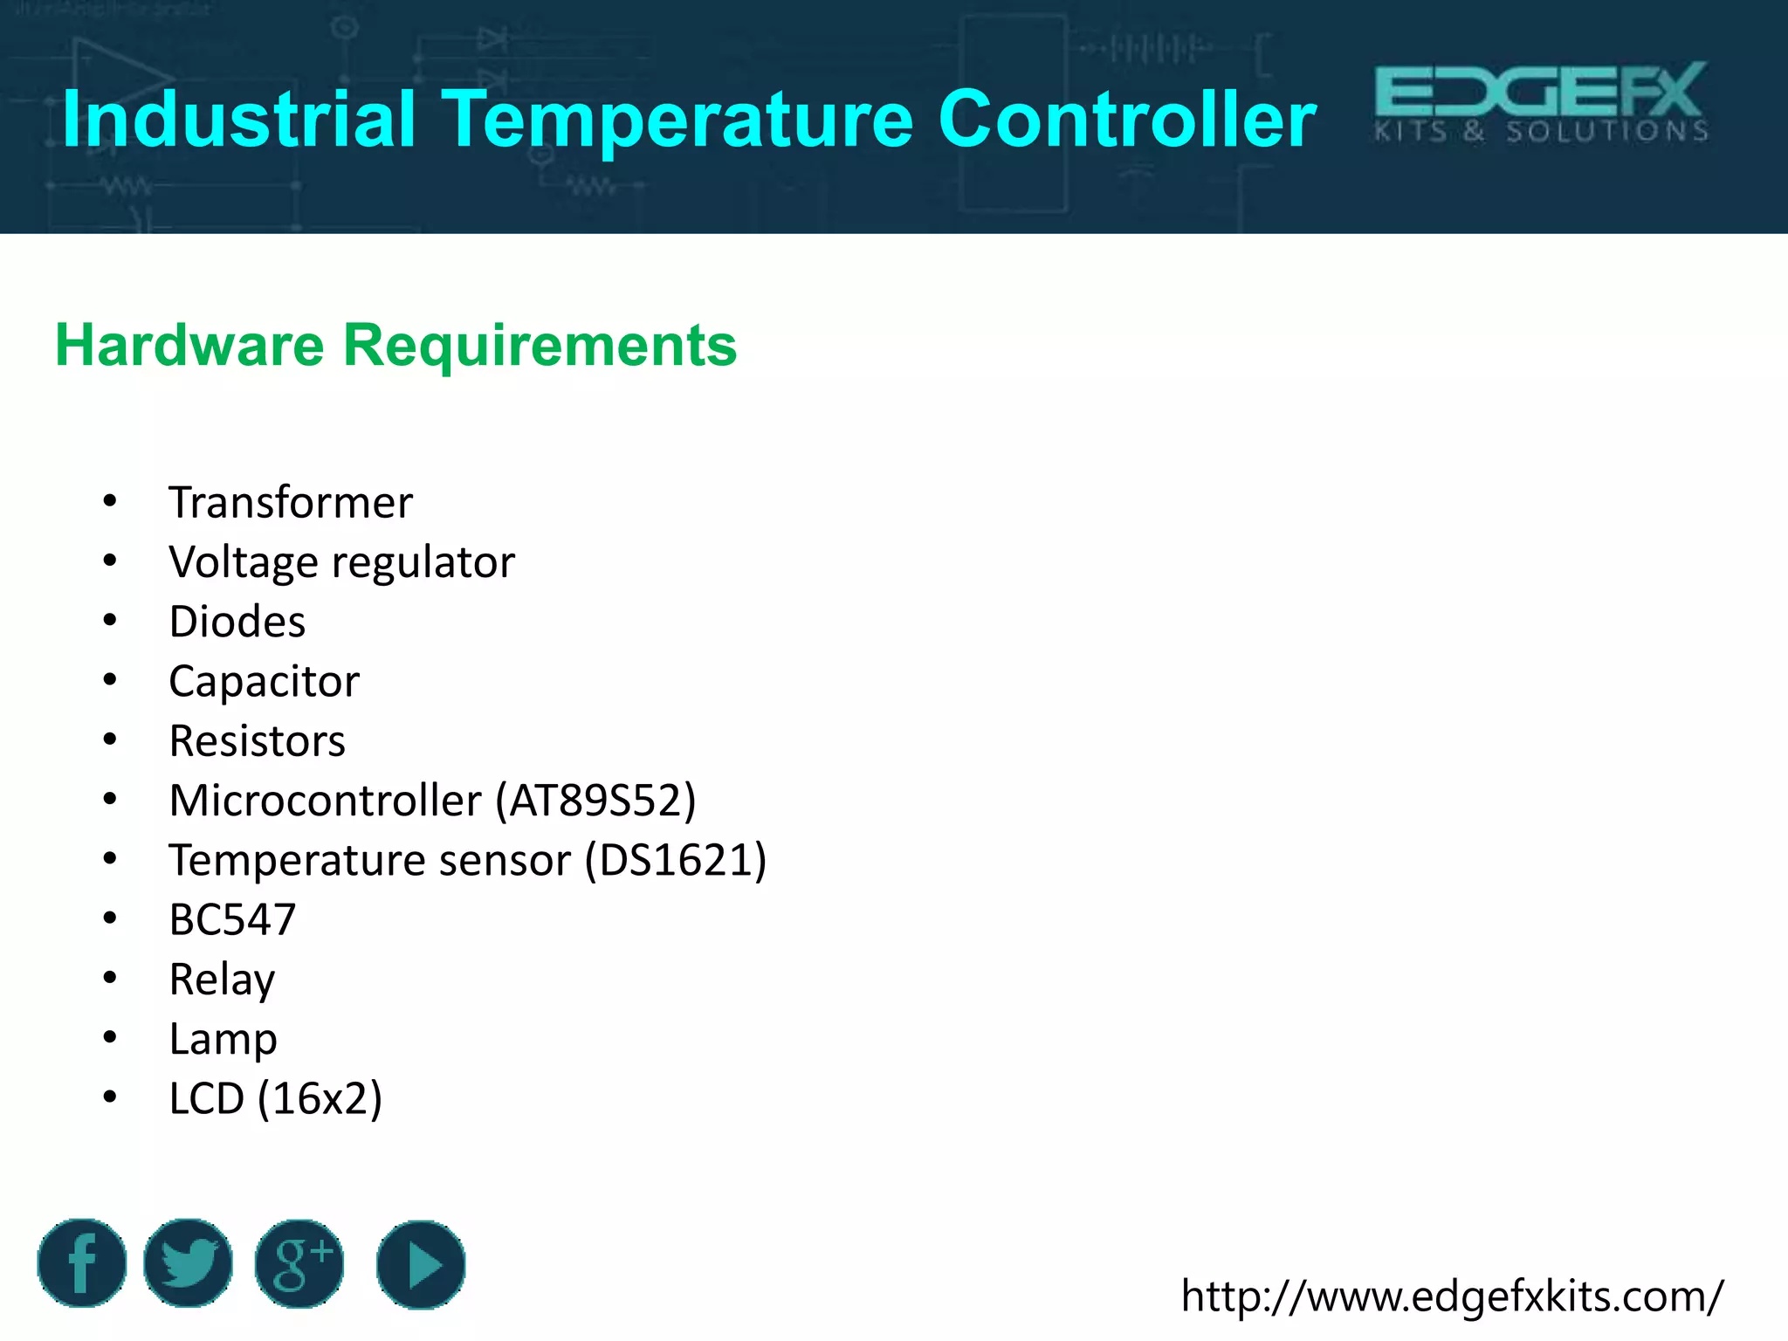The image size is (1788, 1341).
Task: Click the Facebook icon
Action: point(82,1263)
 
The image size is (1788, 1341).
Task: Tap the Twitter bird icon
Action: point(188,1263)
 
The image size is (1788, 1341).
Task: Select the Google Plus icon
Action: point(299,1263)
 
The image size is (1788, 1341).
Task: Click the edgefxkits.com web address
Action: point(1452,1296)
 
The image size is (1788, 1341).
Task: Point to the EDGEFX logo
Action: point(1541,102)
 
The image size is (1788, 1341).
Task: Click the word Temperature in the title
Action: point(678,120)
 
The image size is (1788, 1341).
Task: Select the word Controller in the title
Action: point(1126,120)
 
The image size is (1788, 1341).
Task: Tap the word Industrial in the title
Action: point(238,120)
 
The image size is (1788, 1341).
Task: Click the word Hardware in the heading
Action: point(189,345)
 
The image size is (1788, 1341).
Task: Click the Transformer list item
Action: point(291,503)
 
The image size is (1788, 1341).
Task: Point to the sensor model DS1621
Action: point(676,861)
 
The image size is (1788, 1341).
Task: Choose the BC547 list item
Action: point(232,920)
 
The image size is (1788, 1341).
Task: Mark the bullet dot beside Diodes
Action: point(110,621)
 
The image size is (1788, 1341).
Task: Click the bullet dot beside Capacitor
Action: point(110,680)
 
